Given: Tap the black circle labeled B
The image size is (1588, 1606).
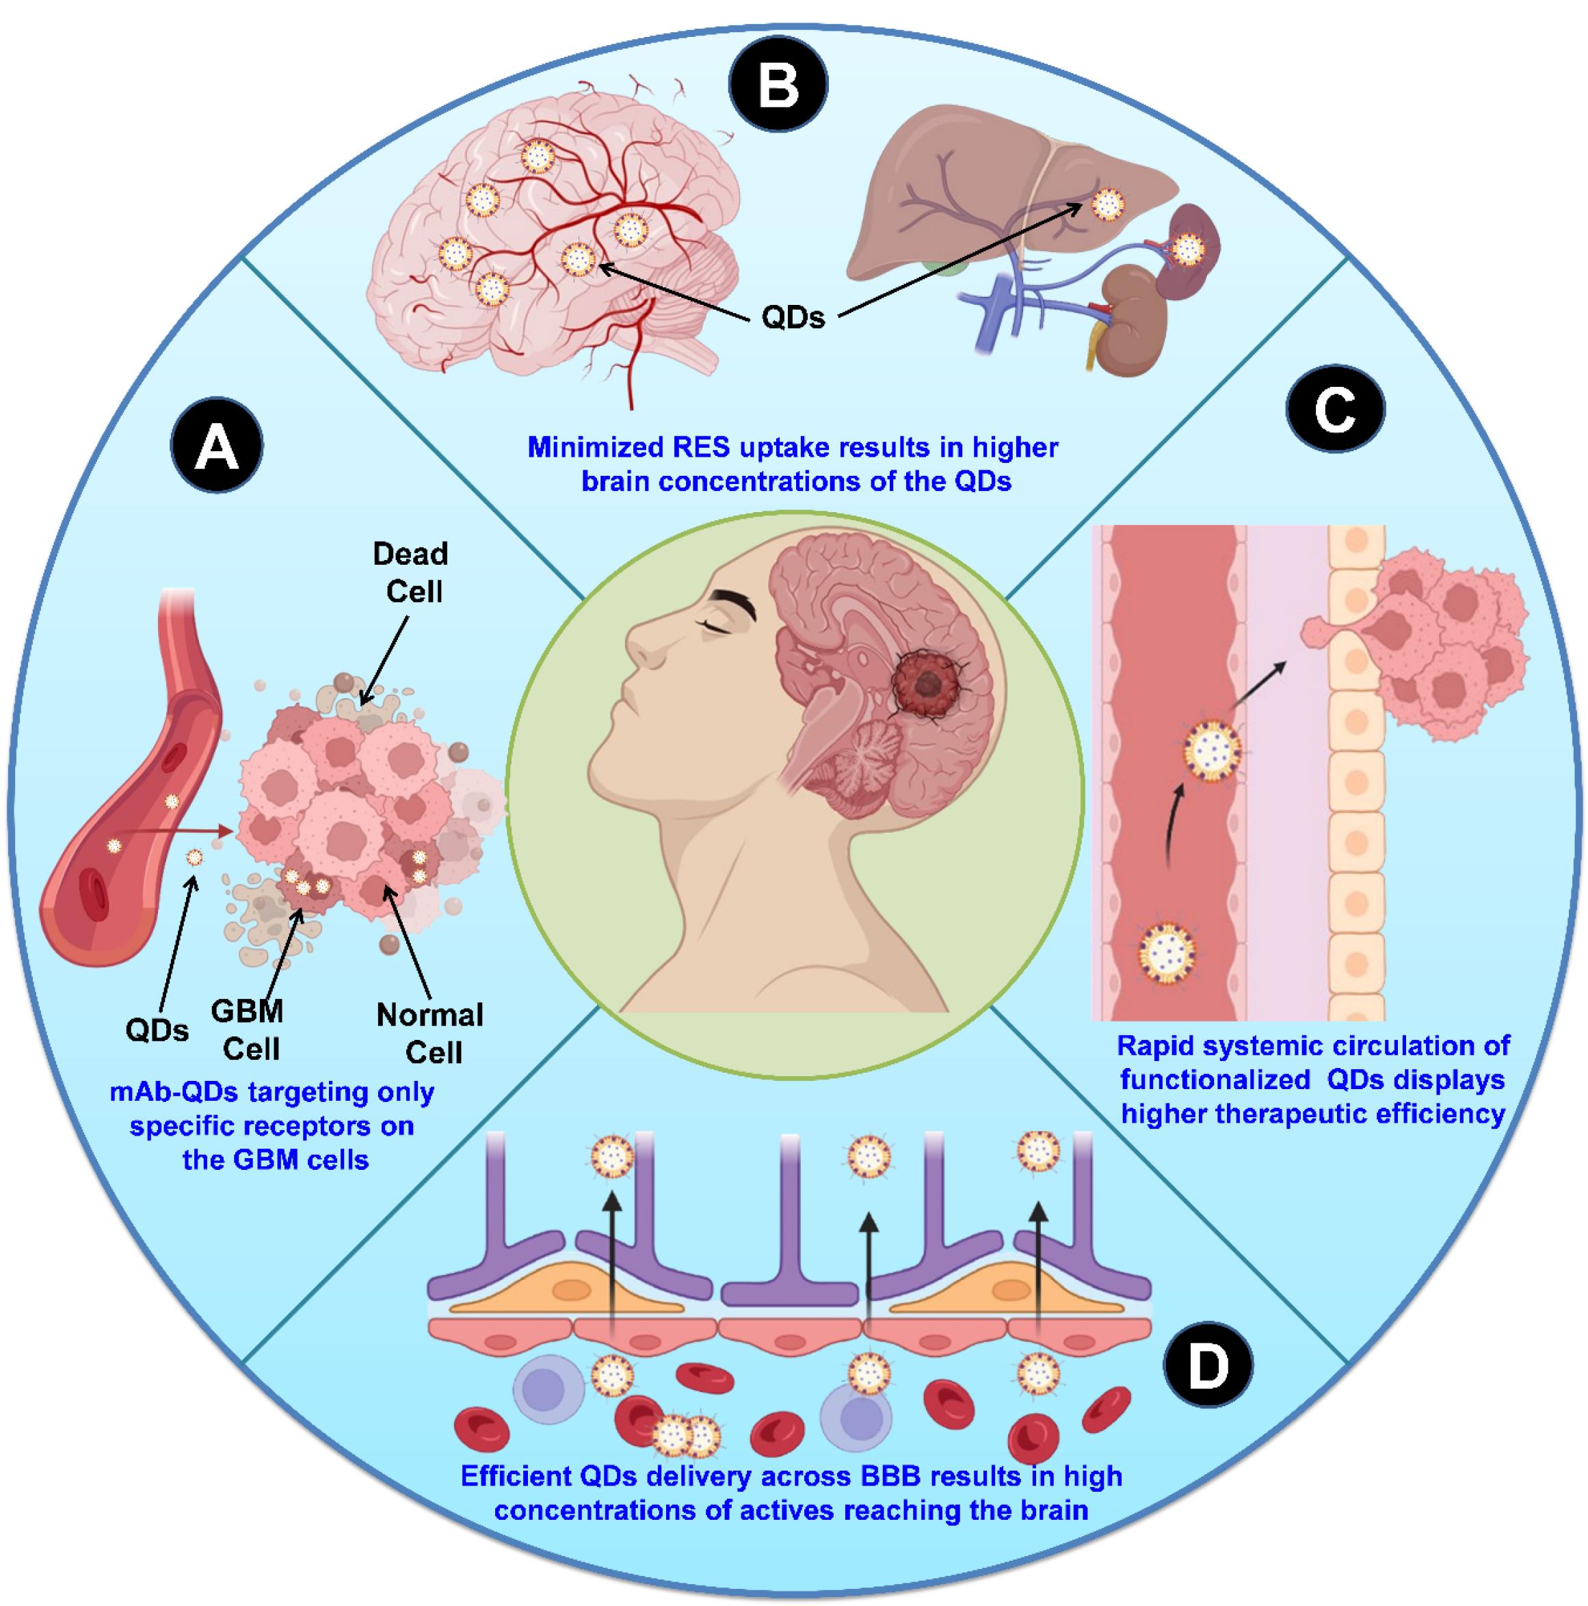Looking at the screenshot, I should pos(778,85).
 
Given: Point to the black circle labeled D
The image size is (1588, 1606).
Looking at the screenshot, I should pos(1207,1366).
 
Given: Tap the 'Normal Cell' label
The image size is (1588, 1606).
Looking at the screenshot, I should pos(430,1033).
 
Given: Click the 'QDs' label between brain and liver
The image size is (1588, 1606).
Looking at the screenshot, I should pos(793,317).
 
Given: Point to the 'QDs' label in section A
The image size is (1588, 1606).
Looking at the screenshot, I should pos(157,1031).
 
